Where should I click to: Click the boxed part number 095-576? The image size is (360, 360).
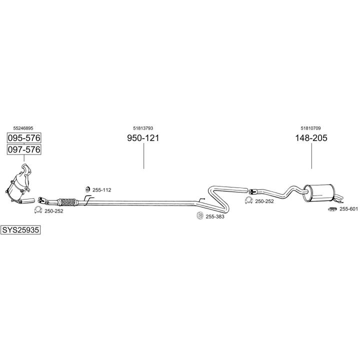[24, 138]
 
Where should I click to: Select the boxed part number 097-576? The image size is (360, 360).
[24, 149]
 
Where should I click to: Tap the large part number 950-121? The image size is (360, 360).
[143, 138]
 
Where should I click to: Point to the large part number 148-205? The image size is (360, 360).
[311, 138]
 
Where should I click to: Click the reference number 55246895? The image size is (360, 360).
[23, 128]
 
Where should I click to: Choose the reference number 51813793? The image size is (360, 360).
[143, 128]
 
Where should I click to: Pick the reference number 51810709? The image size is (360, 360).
[310, 128]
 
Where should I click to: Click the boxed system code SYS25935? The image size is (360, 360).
[20, 230]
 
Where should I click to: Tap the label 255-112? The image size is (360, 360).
[101, 190]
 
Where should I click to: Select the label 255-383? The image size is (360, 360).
[215, 216]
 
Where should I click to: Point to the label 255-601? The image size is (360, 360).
[349, 208]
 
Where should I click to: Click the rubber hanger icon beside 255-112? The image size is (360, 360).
[87, 189]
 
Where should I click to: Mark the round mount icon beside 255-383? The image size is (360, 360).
[200, 216]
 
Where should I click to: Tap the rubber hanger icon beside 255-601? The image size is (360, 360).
[332, 209]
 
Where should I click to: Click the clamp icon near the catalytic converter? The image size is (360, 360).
[38, 210]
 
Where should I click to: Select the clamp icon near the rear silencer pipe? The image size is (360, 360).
[248, 200]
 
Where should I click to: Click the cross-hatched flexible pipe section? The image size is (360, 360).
[67, 202]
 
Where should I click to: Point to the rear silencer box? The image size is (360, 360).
[318, 193]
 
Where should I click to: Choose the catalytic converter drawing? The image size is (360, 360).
[19, 183]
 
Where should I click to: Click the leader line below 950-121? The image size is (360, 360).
[143, 156]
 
